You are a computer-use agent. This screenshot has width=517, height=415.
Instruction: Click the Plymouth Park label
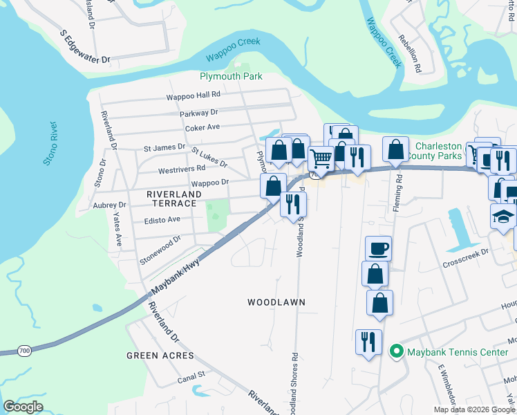[231, 76]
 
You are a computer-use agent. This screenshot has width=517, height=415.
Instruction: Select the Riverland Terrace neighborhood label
[174, 195]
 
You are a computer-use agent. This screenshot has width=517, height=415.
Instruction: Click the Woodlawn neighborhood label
[276, 302]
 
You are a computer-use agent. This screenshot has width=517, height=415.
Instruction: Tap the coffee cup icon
[378, 248]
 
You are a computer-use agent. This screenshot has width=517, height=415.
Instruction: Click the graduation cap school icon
[503, 216]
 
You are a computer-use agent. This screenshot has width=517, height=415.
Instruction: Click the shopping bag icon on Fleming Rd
[395, 149]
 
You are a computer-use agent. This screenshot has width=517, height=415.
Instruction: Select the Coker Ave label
[202, 127]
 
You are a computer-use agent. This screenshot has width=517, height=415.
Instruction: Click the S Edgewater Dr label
[86, 46]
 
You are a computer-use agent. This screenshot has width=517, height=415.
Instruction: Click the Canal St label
[191, 375]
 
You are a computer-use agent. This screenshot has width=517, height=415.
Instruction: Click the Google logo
[23, 406]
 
